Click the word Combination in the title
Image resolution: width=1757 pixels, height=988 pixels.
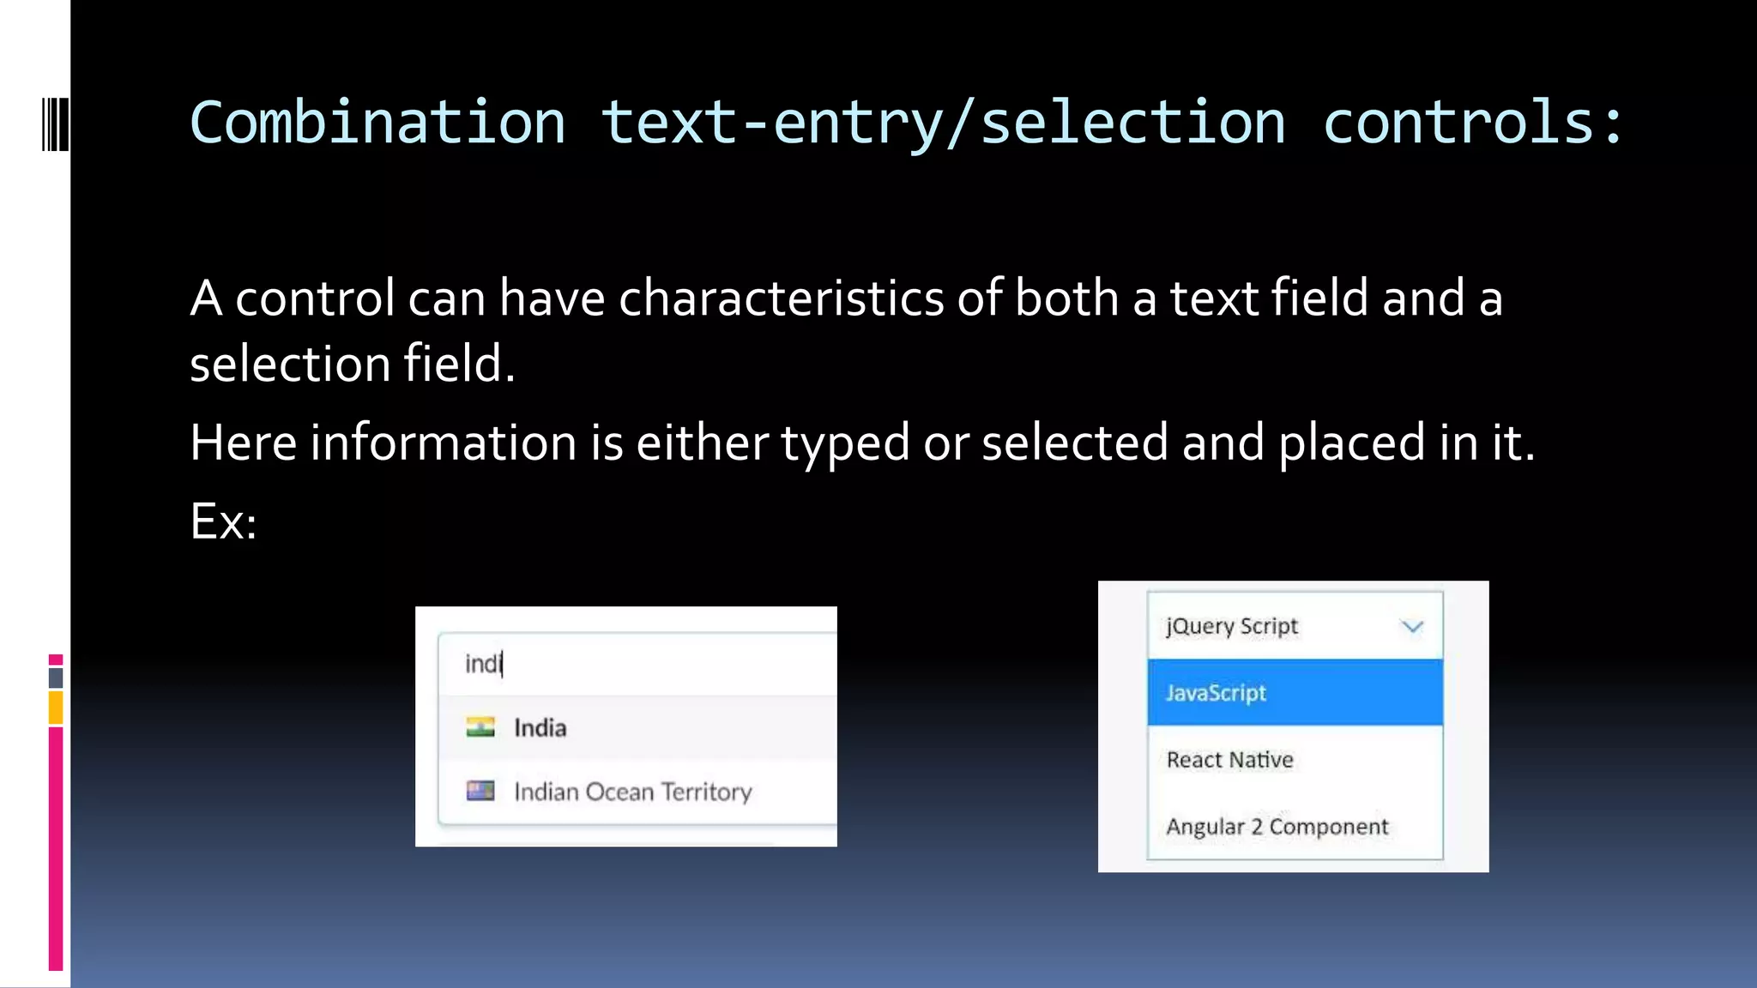tap(377, 123)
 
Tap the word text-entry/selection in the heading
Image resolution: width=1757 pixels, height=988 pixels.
tap(943, 123)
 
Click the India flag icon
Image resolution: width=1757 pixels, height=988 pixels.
tap(480, 727)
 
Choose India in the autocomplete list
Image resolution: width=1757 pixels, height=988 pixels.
tap(540, 728)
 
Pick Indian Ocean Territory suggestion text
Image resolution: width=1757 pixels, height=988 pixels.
tap(633, 792)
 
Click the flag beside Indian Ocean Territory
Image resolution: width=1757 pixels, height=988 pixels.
tap(480, 791)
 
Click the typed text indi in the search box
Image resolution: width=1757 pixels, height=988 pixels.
tap(483, 664)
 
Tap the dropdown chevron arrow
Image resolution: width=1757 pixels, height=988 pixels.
tap(1412, 627)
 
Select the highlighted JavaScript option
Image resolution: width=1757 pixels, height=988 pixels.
tap(1216, 693)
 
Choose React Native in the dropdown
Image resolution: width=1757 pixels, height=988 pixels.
tap(1229, 760)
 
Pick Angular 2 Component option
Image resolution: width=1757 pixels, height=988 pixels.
tap(1277, 827)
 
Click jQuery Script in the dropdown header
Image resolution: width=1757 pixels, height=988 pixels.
tap(1232, 627)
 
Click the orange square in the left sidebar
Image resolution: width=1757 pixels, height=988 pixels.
tap(56, 708)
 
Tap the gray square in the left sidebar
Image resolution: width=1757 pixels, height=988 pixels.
tap(56, 678)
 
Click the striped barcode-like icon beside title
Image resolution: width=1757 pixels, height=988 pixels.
tap(55, 125)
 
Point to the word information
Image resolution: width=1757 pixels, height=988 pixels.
tap(443, 443)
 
